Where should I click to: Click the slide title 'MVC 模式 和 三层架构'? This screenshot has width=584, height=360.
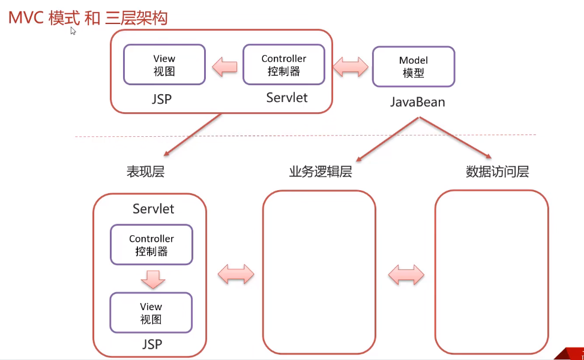click(x=88, y=18)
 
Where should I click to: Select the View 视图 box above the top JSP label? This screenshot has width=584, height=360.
click(x=164, y=65)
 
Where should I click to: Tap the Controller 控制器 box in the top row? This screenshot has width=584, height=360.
click(x=284, y=65)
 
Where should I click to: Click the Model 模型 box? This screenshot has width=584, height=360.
click(x=414, y=67)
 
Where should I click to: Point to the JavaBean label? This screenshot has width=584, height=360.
click(x=418, y=102)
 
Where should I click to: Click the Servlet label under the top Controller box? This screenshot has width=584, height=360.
click(x=287, y=98)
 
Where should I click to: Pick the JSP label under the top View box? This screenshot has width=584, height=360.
click(x=161, y=99)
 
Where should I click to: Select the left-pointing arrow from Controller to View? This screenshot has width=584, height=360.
click(x=224, y=67)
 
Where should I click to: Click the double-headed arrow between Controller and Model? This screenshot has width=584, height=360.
click(x=351, y=67)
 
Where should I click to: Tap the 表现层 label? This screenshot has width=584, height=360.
click(x=146, y=172)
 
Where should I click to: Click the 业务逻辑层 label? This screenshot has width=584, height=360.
click(x=321, y=172)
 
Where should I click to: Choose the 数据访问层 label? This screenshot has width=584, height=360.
click(x=498, y=172)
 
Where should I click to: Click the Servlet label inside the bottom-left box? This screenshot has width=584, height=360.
click(x=154, y=209)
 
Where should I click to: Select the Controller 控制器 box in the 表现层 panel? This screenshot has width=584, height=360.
click(x=152, y=245)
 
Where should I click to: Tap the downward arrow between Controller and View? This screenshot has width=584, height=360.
click(x=152, y=279)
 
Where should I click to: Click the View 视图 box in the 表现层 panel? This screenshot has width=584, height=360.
click(x=151, y=313)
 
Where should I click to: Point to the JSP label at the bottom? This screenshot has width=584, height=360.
click(x=152, y=344)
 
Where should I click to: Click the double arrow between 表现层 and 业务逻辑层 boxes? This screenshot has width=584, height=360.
click(x=236, y=275)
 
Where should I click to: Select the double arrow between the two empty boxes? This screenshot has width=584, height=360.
click(x=406, y=275)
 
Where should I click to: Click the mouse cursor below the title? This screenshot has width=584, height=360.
click(x=73, y=31)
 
